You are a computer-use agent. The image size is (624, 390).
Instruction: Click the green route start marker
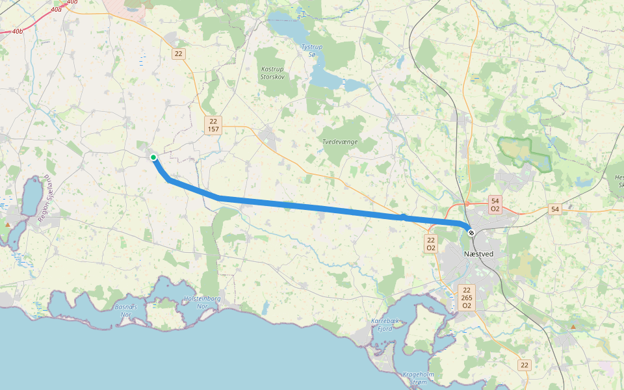click(153, 157)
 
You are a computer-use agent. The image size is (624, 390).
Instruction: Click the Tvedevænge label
click(340, 141)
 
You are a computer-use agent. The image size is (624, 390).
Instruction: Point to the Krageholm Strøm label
click(418, 378)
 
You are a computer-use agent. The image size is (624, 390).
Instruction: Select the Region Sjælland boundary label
click(44, 199)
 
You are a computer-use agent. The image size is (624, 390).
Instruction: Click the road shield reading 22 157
click(213, 125)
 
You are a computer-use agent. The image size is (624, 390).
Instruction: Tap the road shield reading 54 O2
click(495, 205)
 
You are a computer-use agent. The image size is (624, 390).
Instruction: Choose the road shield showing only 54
click(554, 209)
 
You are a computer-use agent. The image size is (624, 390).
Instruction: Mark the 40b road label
click(17, 31)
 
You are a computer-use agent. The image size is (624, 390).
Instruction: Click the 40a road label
click(55, 9)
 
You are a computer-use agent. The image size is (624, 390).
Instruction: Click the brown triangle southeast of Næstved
click(573, 326)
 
